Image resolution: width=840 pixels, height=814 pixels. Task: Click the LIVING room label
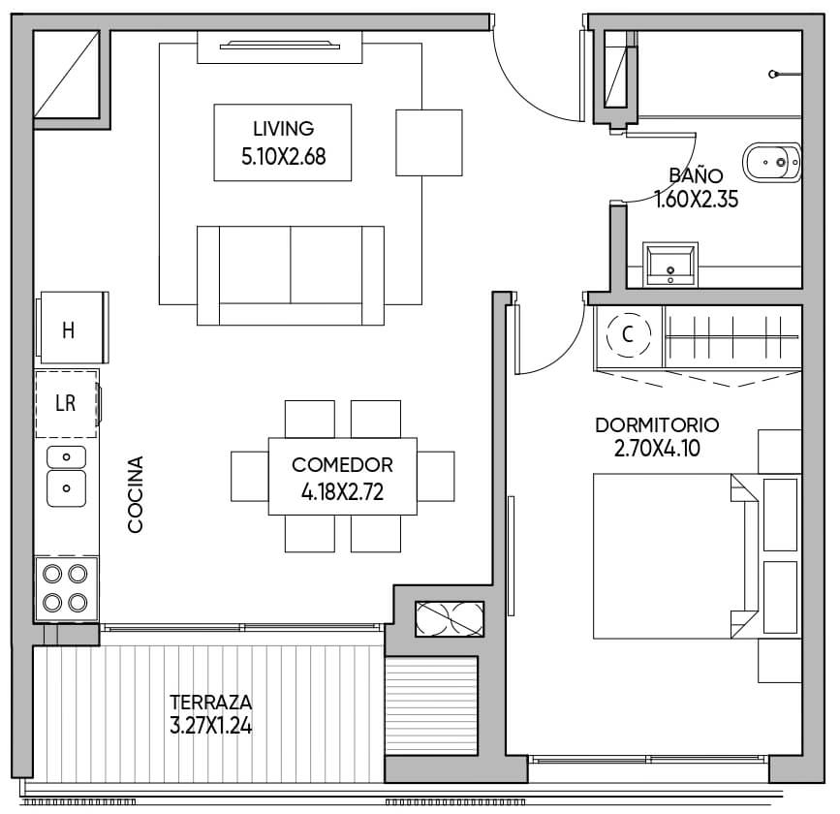[284, 129]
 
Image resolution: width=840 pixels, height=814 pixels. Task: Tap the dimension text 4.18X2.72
[342, 492]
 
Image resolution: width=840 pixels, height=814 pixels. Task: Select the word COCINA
[136, 494]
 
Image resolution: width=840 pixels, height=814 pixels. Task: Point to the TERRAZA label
[210, 702]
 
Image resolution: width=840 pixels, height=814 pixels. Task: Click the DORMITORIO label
[657, 425]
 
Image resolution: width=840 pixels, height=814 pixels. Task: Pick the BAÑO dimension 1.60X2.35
[697, 200]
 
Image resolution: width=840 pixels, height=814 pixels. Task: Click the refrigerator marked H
[73, 328]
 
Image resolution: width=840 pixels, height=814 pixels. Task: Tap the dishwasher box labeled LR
[67, 403]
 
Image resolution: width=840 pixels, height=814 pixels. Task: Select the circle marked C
[629, 334]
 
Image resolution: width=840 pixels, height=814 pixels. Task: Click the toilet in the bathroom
[772, 162]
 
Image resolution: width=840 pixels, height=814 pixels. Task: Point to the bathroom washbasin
[670, 265]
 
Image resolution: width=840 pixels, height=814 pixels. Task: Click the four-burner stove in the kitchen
[66, 588]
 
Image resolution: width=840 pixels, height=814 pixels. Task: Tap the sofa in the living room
[291, 275]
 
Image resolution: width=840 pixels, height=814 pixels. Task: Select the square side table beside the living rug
[429, 142]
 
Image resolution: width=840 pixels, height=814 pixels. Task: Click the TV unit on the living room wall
[280, 47]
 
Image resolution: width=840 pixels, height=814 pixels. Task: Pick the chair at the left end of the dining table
[250, 477]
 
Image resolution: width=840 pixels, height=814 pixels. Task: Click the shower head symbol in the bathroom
[773, 74]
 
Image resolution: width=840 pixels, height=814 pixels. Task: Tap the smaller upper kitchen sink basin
[67, 457]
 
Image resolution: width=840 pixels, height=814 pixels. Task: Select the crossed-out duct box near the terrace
[450, 619]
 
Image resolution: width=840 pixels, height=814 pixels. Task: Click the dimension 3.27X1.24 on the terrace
[210, 726]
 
